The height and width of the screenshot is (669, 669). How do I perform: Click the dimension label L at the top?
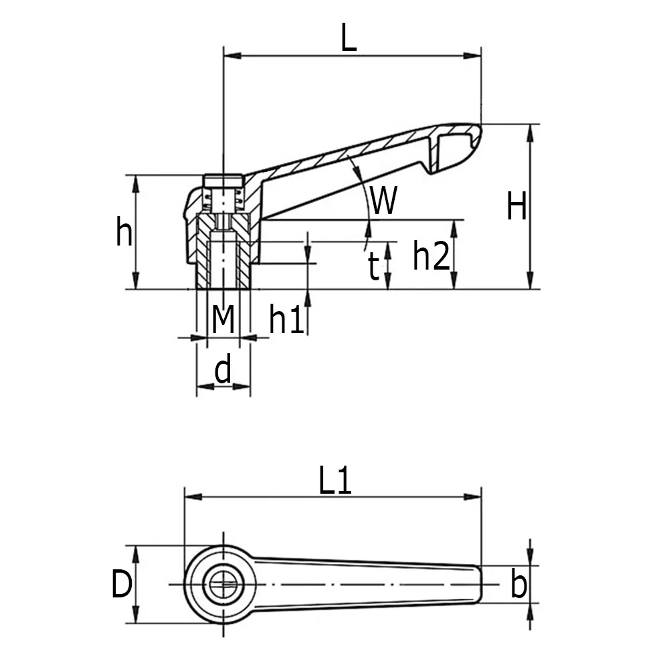pos(349,38)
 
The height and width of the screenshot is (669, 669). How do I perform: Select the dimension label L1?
pos(334,482)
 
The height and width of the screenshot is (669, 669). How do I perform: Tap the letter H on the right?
pos(516,206)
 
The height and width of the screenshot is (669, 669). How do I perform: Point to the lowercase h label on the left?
pos(124,233)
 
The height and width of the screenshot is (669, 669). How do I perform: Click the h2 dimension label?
pos(431,256)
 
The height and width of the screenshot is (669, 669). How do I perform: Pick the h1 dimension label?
pos(287,320)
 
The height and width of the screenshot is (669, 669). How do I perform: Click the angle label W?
pos(384,201)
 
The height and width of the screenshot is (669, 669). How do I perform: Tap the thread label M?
pos(223,319)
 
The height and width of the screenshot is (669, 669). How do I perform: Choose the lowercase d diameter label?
pos(223,369)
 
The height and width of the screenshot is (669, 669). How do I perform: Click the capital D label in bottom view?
pos(121,585)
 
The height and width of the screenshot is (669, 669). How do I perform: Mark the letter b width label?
pos(518,585)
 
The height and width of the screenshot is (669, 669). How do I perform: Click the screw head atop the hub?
pos(223,181)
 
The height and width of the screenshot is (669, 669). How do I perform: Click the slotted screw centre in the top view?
pos(223,585)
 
